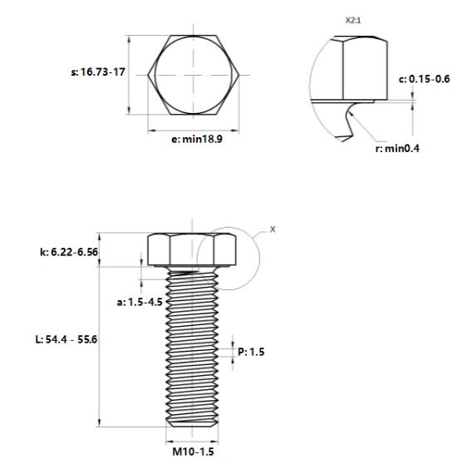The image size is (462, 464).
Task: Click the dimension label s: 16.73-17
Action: tap(98, 73)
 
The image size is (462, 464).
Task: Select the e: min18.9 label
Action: tap(196, 141)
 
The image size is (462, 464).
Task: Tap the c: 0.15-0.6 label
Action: tap(424, 79)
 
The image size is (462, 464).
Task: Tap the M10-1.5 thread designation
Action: tap(193, 452)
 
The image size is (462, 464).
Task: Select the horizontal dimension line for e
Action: tap(194, 130)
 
